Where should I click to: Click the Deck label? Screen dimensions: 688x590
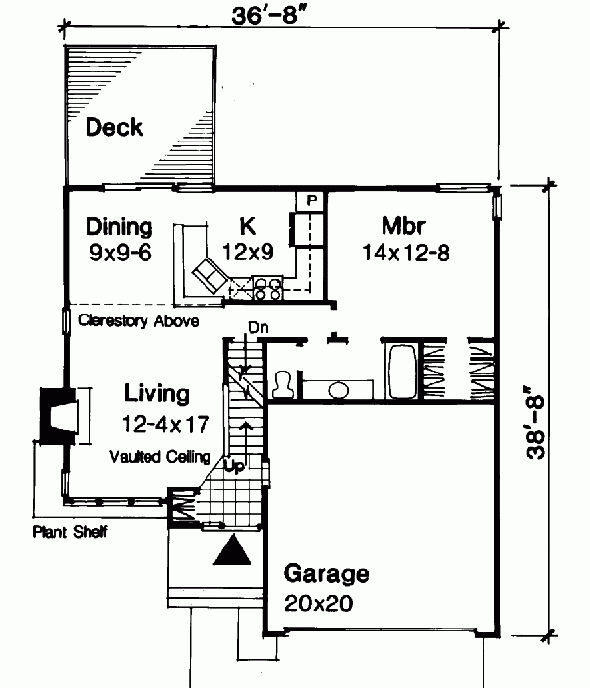(x=114, y=127)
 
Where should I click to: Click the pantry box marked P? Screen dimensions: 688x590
(x=311, y=200)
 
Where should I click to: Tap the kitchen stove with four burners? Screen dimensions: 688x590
(x=268, y=287)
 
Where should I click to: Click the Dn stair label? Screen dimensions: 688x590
(x=258, y=327)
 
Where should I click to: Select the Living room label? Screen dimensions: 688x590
(x=156, y=394)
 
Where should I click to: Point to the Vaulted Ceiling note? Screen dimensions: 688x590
(x=159, y=456)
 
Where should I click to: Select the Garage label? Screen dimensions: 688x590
(x=326, y=574)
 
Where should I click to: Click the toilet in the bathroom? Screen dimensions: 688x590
(x=283, y=384)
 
